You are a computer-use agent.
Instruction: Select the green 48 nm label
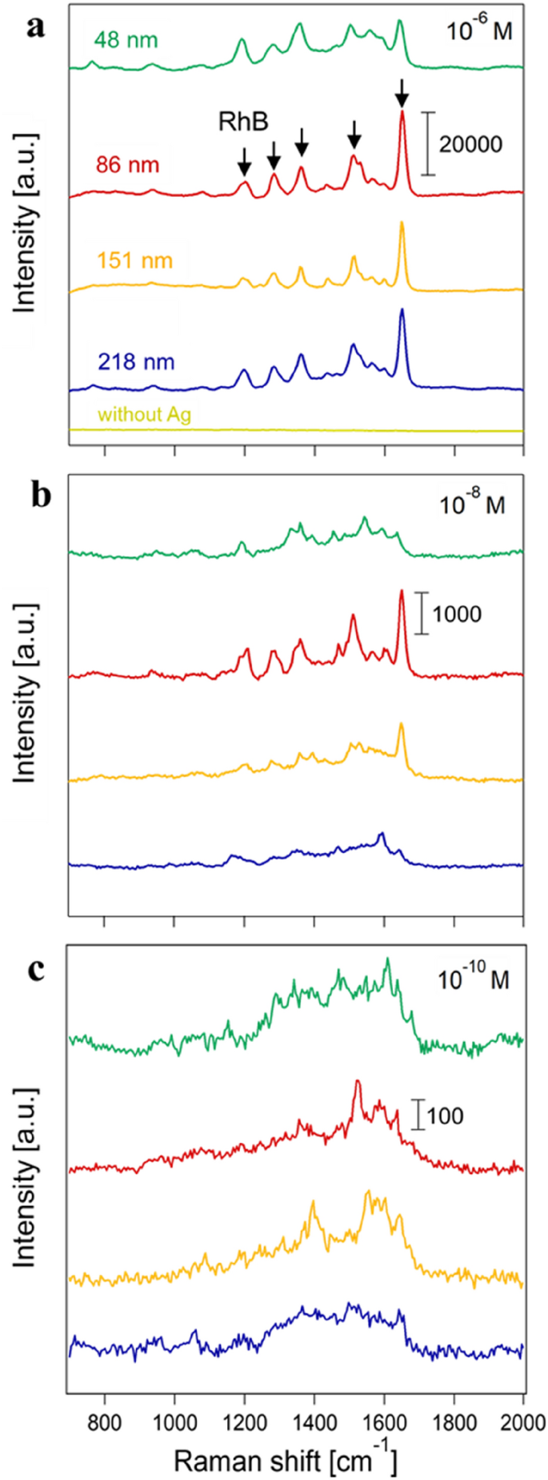tap(126, 39)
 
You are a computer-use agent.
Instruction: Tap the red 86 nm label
tap(128, 166)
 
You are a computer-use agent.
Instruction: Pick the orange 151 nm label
tap(135, 261)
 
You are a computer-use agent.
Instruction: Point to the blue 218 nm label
tap(136, 362)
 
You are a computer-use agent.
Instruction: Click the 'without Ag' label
tap(144, 414)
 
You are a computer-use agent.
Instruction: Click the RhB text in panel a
tap(244, 122)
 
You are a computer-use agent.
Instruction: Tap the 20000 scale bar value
tap(470, 144)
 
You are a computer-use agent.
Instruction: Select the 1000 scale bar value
tap(457, 614)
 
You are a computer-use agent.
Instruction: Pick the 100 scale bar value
tap(445, 1116)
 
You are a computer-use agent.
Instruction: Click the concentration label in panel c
tap(473, 979)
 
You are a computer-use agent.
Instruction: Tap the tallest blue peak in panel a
tap(402, 311)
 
